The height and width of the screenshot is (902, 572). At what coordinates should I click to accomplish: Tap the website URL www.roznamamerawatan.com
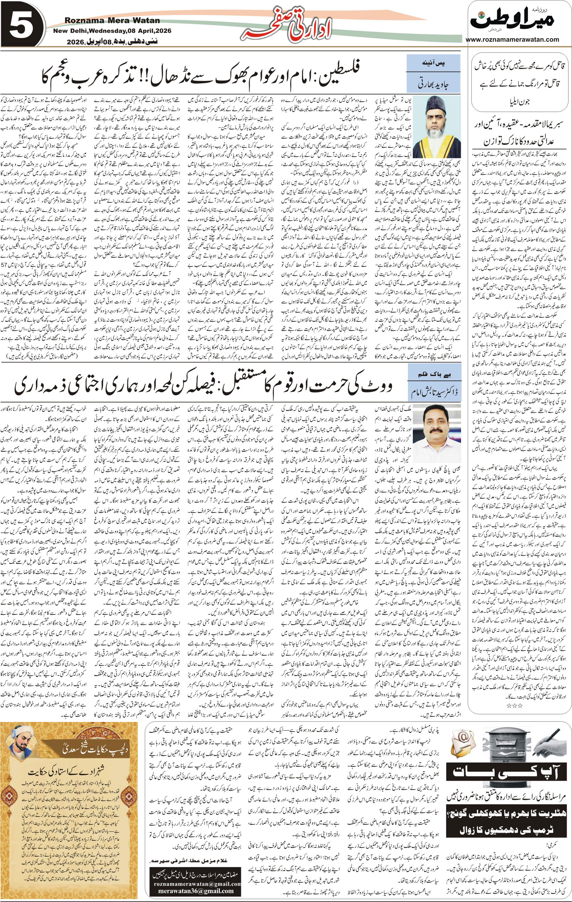[513, 39]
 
